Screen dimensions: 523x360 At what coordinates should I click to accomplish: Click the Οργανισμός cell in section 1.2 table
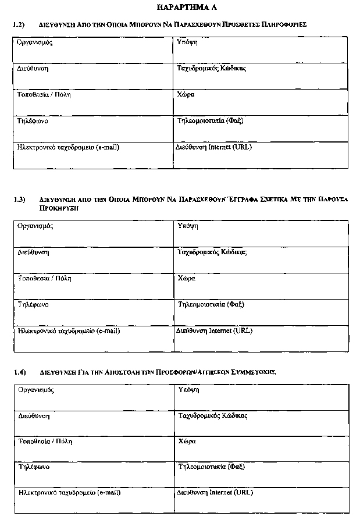(35, 42)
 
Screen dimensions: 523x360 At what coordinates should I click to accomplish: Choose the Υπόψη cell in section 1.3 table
(187, 226)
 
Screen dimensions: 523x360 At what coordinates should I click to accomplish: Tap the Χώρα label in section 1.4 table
(187, 442)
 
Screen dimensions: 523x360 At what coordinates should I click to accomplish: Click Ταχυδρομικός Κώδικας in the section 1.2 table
(211, 69)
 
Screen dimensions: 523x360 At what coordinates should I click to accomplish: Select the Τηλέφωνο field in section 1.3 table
(33, 304)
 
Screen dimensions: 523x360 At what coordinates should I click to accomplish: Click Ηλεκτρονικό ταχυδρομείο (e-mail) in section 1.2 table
(69, 147)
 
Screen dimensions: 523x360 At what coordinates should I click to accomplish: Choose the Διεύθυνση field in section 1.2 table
(33, 69)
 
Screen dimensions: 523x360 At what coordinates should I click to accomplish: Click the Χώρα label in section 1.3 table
(187, 278)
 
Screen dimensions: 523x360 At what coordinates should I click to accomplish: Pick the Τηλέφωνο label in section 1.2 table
(33, 121)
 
